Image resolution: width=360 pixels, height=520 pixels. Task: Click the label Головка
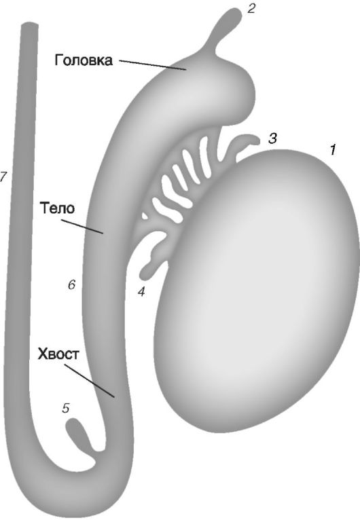(x=84, y=61)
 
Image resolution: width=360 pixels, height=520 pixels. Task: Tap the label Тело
(x=58, y=209)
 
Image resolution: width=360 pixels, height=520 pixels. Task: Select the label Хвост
(x=58, y=354)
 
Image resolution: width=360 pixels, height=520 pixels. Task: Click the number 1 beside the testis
(x=331, y=150)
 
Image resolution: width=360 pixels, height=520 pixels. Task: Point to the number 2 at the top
(x=251, y=9)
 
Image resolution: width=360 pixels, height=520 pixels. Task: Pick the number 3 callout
(x=272, y=138)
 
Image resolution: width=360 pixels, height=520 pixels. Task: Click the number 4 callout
(x=142, y=291)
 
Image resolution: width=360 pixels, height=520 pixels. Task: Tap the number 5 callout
(x=67, y=408)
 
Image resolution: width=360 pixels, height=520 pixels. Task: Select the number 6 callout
(x=72, y=285)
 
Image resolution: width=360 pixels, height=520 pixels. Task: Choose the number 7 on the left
(x=3, y=177)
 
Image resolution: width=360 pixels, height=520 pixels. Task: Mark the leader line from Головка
(x=152, y=65)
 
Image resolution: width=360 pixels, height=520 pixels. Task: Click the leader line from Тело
(x=83, y=227)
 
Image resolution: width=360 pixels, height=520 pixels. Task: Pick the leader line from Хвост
(x=90, y=381)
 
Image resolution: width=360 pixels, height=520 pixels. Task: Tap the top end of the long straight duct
(x=29, y=24)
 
